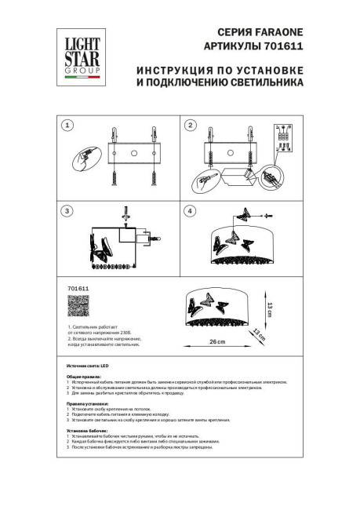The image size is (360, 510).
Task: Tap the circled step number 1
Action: [67, 126]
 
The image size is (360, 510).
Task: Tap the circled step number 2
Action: [189, 126]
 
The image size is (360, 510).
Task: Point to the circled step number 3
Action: [67, 211]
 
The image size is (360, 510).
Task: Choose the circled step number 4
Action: [189, 211]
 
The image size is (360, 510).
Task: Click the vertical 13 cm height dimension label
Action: [269, 309]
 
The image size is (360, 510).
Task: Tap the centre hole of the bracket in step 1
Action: [134, 152]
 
